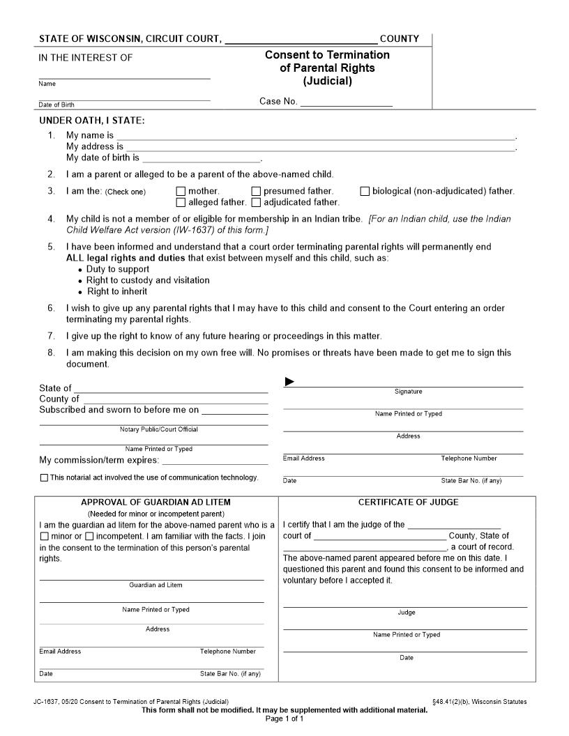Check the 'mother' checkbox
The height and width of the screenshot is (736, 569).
coord(181,191)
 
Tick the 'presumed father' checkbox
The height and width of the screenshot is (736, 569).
coord(256,191)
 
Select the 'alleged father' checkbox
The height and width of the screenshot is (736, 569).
coord(181,203)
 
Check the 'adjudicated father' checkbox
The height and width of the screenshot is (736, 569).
coord(256,203)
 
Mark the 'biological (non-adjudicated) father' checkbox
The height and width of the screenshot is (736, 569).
coord(365,191)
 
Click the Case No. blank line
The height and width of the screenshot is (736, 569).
coord(347,102)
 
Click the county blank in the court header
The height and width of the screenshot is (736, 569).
coord(301,40)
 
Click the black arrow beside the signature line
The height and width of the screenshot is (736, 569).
coord(290,381)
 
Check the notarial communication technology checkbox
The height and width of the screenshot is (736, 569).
coord(45,478)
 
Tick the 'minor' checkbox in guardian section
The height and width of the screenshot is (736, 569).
coord(45,537)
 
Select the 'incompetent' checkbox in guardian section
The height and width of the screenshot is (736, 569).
coord(89,537)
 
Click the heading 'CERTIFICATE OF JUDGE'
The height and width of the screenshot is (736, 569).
coord(408,502)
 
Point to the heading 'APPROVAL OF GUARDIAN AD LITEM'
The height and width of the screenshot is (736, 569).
coord(155,502)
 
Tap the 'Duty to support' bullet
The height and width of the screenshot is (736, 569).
coord(117,269)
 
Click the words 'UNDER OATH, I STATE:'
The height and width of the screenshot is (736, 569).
coord(91,121)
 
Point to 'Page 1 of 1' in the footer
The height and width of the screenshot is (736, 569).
coord(284,719)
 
